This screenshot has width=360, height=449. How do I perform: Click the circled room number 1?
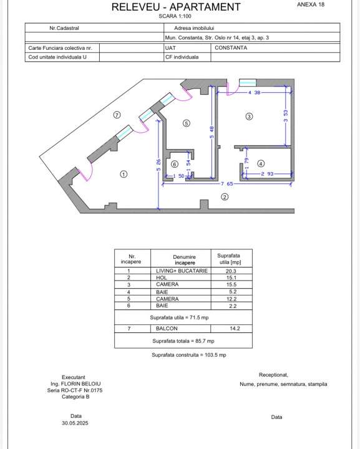point(124,174)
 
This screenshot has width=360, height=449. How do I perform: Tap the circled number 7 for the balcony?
point(116,115)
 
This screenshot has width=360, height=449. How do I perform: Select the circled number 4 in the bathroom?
point(261,163)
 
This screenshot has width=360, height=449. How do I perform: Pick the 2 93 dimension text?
point(267,174)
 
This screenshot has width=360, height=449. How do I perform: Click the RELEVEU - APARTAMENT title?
point(176,7)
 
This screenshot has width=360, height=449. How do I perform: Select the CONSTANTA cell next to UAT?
point(231,47)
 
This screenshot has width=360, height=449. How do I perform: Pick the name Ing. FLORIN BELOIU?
point(76,384)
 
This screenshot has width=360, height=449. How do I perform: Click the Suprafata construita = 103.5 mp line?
point(188,355)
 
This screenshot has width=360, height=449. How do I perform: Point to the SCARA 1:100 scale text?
point(175,17)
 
